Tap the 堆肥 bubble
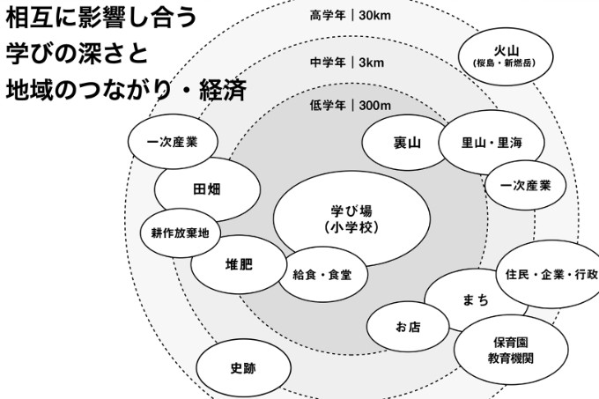click(x=239, y=265)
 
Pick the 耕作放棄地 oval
click(x=180, y=233)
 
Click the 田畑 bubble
click(x=208, y=189)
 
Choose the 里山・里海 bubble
click(x=491, y=143)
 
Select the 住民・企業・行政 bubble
click(x=551, y=274)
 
